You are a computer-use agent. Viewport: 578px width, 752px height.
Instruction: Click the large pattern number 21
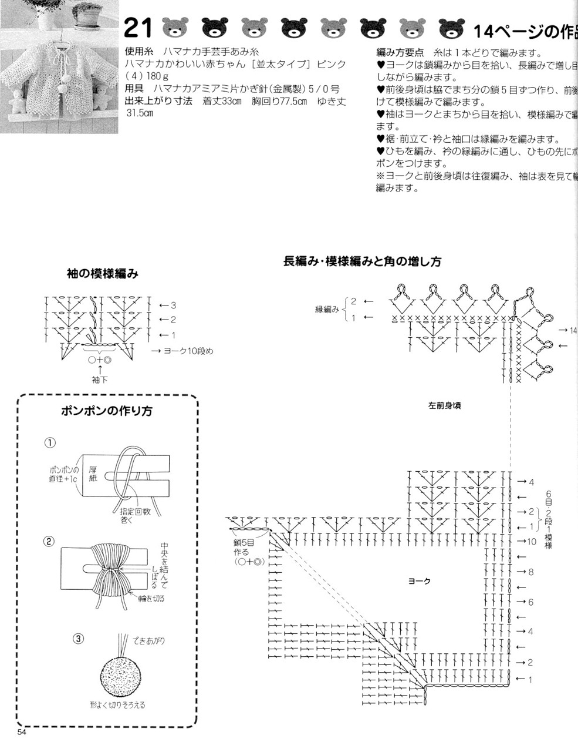(138, 28)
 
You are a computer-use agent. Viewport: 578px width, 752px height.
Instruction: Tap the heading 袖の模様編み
(102, 273)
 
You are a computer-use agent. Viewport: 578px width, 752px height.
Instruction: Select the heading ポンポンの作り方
(106, 411)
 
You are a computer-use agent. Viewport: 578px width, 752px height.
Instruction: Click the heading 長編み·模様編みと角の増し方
(362, 261)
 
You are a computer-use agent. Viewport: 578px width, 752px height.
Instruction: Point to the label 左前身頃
(444, 405)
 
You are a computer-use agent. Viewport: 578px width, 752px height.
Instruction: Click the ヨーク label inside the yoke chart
(419, 580)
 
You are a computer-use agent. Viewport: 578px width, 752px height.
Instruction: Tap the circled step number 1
(51, 442)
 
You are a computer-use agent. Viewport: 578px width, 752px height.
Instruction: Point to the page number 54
(22, 732)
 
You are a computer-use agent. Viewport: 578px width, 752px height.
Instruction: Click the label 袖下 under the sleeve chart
(100, 380)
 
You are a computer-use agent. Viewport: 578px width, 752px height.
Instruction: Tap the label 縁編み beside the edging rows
(327, 310)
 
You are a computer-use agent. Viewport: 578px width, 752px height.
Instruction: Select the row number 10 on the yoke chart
(532, 541)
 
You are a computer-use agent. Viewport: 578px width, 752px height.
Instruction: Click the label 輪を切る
(151, 599)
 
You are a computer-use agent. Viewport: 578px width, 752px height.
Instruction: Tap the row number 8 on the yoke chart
(530, 572)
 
